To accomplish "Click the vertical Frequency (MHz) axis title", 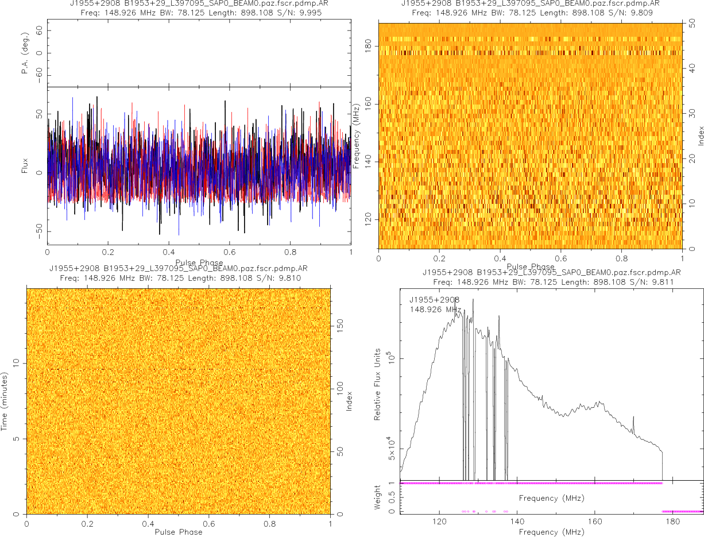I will pyautogui.click(x=357, y=136).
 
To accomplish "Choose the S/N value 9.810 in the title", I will pyautogui.click(x=289, y=278).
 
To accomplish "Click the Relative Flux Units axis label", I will pyautogui.click(x=377, y=384).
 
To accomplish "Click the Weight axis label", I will pyautogui.click(x=377, y=498).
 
